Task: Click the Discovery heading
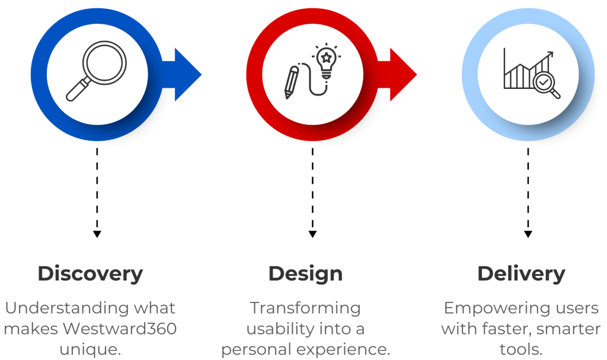90,274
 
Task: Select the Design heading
305,274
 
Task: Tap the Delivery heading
520,274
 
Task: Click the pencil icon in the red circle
291,82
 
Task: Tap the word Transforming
305,308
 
